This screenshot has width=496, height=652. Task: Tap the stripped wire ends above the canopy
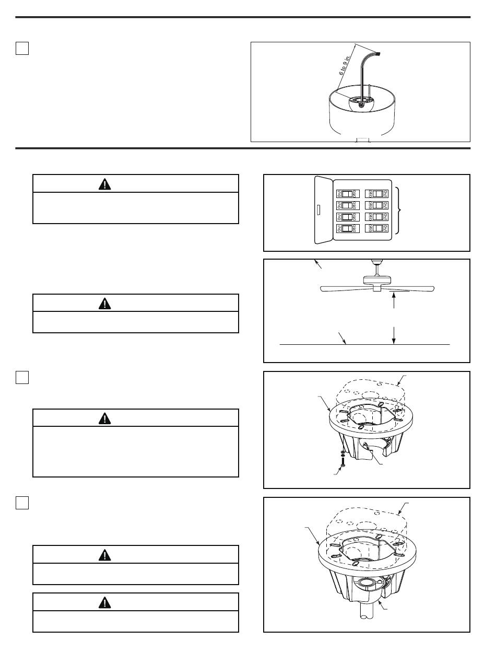tap(377, 54)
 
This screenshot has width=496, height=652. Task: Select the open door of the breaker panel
tap(322, 211)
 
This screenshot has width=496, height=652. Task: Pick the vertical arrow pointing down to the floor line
tap(393, 334)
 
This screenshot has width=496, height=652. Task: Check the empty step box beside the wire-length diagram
tap(21, 49)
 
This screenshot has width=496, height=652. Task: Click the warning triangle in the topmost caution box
tap(105, 184)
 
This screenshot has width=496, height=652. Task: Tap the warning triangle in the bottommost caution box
tap(105, 602)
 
